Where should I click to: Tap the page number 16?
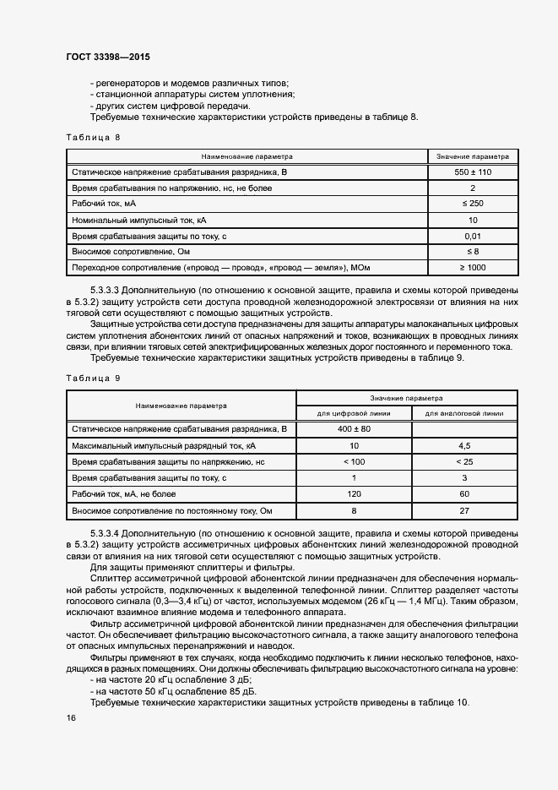coord(70,717)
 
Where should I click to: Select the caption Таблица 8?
coord(93,136)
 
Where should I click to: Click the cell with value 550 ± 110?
coord(473,172)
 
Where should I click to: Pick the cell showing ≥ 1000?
coord(473,268)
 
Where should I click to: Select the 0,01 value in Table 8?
coord(473,236)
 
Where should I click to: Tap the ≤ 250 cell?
coord(473,204)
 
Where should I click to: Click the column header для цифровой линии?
coord(354,414)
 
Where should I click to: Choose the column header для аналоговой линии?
coord(463,414)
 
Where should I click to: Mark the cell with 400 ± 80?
coord(354,429)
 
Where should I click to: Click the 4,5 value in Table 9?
coord(463,445)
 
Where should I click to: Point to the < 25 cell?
coord(463,461)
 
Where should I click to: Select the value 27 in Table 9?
coord(463,511)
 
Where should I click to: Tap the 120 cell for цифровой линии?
coord(354,494)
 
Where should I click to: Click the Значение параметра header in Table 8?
coord(473,156)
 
